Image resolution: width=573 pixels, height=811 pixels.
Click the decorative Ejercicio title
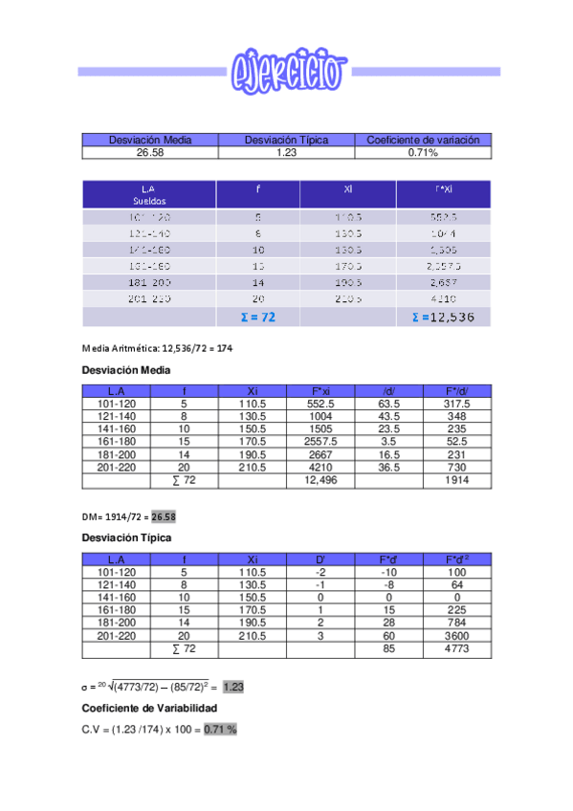[287, 70]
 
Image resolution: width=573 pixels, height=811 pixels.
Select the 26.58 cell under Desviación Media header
[150, 152]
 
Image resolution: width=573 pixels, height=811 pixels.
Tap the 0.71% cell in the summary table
[423, 152]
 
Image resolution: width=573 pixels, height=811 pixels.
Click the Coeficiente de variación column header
[423, 140]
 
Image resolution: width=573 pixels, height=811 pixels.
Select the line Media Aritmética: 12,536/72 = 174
[158, 349]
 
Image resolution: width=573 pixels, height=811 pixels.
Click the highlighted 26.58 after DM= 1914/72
[163, 516]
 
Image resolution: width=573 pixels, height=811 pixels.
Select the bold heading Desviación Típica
[121, 537]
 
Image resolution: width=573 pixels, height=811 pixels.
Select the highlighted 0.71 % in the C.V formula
[220, 730]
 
